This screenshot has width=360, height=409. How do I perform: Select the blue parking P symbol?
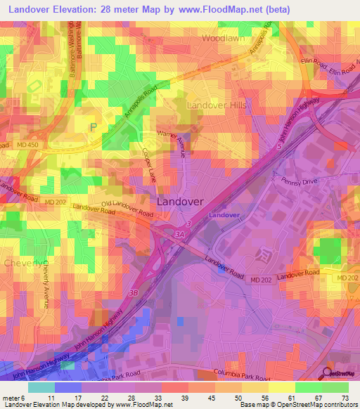[x=93, y=127]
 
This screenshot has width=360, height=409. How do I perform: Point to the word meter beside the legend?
[x=11, y=397]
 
